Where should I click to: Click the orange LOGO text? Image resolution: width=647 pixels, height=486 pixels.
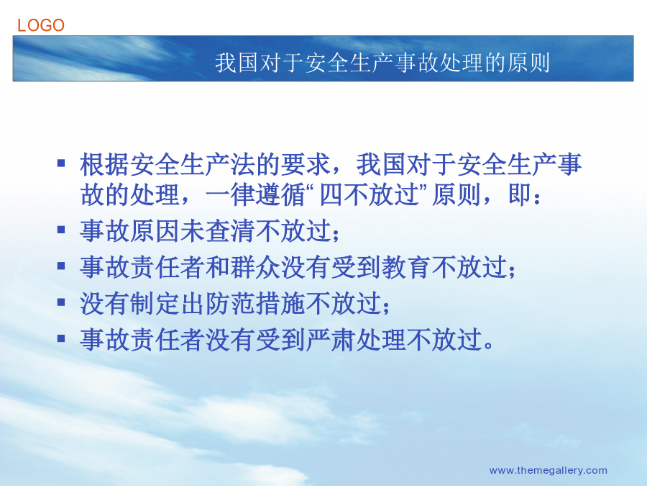coord(41,25)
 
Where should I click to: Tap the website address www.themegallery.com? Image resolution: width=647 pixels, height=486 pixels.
coord(548,470)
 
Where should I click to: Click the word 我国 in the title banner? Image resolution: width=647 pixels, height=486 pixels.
coord(237,63)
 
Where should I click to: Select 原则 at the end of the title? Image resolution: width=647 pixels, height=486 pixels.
coord(528,63)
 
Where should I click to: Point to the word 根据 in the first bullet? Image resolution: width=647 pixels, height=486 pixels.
coord(104,164)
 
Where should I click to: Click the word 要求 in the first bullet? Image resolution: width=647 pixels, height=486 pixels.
coord(306,164)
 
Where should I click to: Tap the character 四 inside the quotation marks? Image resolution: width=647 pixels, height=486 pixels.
coord(331,195)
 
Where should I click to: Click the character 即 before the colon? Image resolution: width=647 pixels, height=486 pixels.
coord(519,194)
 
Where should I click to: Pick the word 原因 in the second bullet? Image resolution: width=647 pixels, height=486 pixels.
coord(155,230)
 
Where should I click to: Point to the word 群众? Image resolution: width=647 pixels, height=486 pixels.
coord(255,267)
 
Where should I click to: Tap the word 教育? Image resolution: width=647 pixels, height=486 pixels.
coord(406,267)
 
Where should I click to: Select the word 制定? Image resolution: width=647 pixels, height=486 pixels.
coord(155,303)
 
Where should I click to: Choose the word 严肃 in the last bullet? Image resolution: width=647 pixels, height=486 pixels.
coord(331,340)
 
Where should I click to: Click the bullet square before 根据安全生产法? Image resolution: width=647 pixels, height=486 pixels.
coord(61,163)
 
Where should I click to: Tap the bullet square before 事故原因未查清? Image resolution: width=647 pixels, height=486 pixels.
coord(61,230)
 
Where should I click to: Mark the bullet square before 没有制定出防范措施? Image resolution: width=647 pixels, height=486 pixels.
coord(61,302)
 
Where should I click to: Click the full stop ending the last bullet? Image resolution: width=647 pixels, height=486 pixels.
coord(489,346)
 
